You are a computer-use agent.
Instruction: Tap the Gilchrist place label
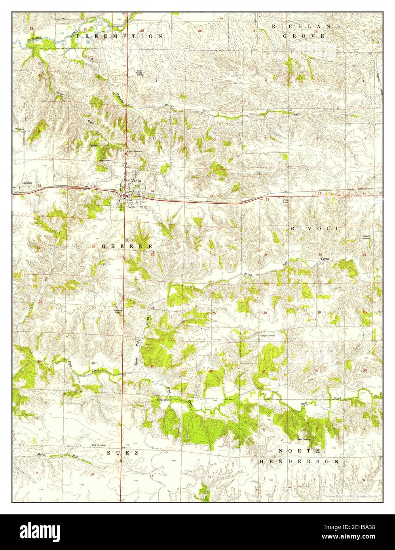coord(27,183)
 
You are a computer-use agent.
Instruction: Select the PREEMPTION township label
coord(120,36)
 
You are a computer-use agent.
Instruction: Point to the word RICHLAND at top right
coord(306,26)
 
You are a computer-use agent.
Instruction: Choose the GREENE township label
coord(127,246)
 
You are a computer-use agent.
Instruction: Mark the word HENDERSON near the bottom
coord(299,461)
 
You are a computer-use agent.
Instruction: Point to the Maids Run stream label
coord(42,454)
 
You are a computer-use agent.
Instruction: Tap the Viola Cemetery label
coord(104,160)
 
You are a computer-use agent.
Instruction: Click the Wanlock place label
coord(20,129)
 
